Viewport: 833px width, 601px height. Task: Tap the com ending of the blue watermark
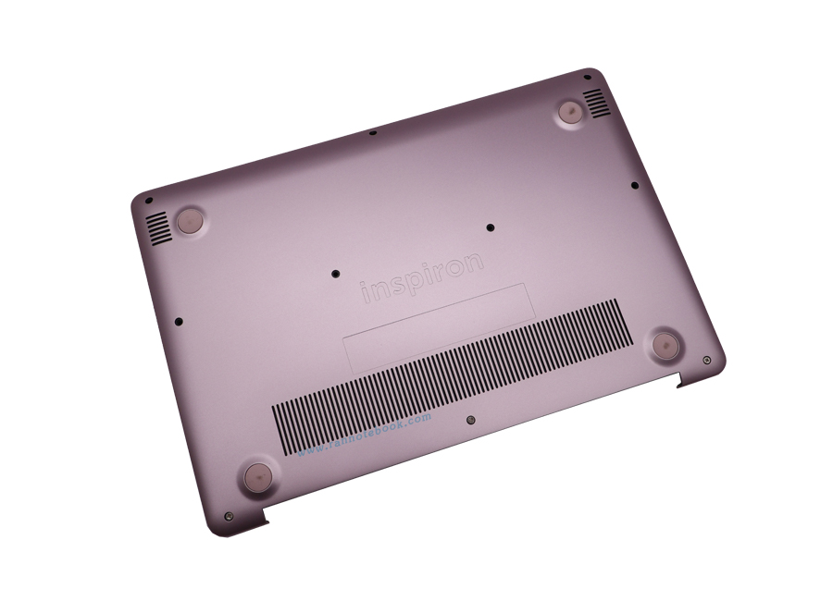click(418, 418)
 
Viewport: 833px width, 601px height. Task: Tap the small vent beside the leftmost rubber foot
click(158, 228)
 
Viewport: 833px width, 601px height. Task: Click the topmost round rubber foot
click(570, 112)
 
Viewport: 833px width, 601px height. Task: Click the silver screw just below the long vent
click(472, 418)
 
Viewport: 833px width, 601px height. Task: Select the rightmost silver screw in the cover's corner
click(707, 359)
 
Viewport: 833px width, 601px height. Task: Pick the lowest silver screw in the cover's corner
click(228, 517)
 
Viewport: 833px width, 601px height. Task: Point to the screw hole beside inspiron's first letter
click(335, 274)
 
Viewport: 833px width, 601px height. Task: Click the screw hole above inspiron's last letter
click(490, 225)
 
